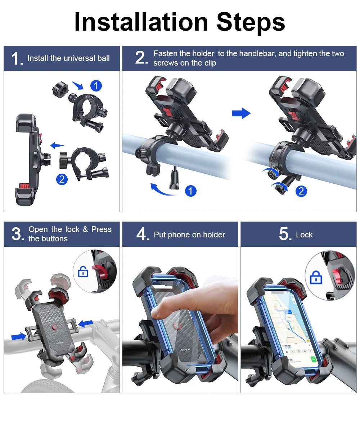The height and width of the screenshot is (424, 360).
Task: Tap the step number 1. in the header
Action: pos(17,59)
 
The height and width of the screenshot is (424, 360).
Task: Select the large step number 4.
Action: pos(143,235)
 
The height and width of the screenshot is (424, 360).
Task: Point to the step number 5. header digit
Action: pos(285,235)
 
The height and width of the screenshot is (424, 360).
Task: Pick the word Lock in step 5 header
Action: pos(304,235)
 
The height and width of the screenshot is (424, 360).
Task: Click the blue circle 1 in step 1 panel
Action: pos(96,86)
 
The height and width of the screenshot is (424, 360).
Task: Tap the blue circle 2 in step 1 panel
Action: pos(62,179)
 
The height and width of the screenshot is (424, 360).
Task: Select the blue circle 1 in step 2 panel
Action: pos(190,191)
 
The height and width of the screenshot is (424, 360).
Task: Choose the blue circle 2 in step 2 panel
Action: pos(301,191)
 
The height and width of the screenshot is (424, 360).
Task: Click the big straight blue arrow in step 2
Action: pos(241,113)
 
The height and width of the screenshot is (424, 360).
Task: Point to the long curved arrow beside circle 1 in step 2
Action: pos(164,189)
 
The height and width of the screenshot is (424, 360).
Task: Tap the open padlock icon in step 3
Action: pos(83,272)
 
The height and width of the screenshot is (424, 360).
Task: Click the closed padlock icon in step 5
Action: pos(316,278)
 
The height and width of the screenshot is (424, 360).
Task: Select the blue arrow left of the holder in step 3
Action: pos(19,336)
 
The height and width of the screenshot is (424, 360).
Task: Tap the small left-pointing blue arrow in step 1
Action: pos(57,146)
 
